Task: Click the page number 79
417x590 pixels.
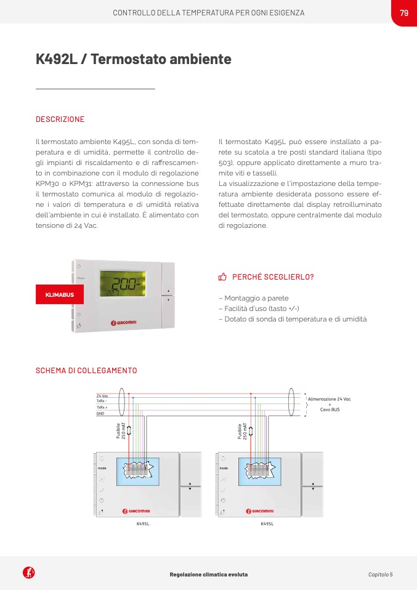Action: pos(403,13)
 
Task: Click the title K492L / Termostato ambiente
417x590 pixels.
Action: pos(134,60)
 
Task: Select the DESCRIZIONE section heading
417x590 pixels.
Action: pos(60,119)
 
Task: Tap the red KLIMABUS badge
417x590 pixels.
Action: pos(60,295)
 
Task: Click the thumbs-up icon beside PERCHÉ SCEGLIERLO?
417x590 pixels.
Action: pos(223,277)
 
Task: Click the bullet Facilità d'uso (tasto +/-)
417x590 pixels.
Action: pos(259,309)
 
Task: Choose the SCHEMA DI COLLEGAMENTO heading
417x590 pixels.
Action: pos(86,371)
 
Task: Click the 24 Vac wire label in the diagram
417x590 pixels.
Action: pos(102,395)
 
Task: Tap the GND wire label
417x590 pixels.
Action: pos(100,414)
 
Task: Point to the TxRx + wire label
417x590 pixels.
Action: pos(102,408)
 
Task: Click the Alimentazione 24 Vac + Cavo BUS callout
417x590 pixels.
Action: pos(330,404)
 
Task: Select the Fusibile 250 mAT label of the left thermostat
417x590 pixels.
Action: pos(120,430)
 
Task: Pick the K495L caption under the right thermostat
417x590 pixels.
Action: pos(267,523)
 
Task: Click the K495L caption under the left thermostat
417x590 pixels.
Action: pos(143,523)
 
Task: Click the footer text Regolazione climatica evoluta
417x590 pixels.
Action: pos(208,575)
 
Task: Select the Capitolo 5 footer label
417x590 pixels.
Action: pos(380,575)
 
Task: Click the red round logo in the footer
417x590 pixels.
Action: pos(29,573)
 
